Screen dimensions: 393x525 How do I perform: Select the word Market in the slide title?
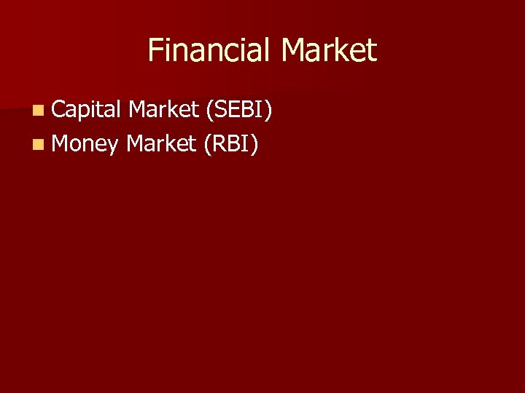329,51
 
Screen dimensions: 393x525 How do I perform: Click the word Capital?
86,110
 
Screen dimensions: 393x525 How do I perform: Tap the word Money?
85,144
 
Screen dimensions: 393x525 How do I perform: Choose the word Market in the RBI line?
161,143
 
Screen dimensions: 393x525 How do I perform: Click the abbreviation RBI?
231,143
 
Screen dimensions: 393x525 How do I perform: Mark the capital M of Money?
62,143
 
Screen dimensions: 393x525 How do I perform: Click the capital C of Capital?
59,110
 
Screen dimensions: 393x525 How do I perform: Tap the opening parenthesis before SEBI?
210,111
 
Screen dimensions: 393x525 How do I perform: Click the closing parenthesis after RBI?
254,144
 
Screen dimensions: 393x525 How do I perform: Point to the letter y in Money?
112,146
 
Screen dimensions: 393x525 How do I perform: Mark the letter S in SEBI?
221,110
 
